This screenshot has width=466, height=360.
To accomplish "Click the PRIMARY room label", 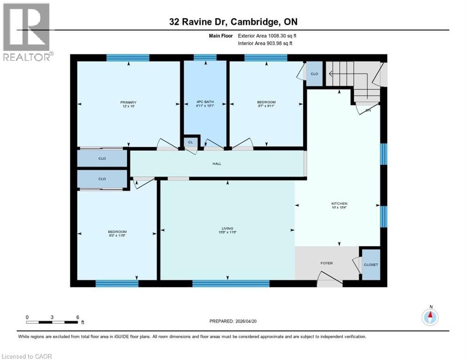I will click(x=128, y=102).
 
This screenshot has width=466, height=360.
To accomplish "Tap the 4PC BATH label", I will click(x=205, y=102).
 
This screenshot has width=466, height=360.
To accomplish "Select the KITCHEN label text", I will click(x=339, y=203).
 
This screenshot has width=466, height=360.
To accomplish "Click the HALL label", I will click(x=216, y=164).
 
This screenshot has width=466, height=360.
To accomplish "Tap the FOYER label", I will click(x=326, y=263).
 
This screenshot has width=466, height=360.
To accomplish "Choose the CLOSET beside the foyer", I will click(x=371, y=265).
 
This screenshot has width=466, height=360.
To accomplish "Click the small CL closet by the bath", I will click(x=190, y=142).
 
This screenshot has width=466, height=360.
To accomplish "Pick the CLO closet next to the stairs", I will click(x=314, y=74).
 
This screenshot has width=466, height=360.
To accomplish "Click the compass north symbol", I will click(x=430, y=317).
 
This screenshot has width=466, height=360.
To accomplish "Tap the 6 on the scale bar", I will click(x=77, y=317).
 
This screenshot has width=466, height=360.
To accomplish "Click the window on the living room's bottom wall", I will click(x=231, y=283).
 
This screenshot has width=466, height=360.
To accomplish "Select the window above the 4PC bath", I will click(x=205, y=58).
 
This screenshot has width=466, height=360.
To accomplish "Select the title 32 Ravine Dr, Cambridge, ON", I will click(x=233, y=22).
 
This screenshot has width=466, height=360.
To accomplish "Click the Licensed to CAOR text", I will click(x=27, y=356).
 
